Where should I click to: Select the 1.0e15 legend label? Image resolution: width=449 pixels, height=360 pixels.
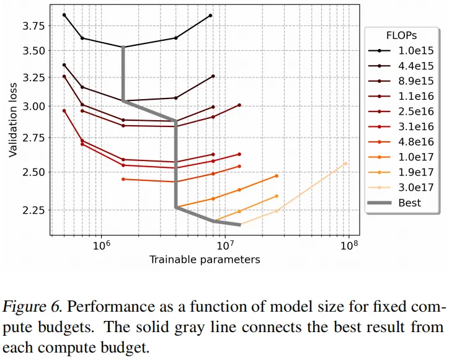pyautogui.click(x=416, y=51)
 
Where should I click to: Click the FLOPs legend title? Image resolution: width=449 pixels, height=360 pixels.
pyautogui.click(x=401, y=35)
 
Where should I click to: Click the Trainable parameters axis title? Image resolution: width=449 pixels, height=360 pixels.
pyautogui.click(x=205, y=260)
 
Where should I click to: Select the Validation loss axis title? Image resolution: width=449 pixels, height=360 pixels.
pyautogui.click(x=13, y=120)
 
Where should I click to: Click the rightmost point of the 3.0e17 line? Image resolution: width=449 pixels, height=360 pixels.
pyautogui.click(x=345, y=164)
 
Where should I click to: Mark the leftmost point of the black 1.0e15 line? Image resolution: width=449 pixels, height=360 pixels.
pyautogui.click(x=64, y=15)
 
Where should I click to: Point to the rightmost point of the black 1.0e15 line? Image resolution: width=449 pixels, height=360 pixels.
pyautogui.click(x=210, y=15)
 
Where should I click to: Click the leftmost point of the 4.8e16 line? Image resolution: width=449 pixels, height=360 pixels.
pyautogui.click(x=123, y=179)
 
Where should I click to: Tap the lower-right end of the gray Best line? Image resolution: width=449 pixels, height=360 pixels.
pyautogui.click(x=240, y=225)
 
